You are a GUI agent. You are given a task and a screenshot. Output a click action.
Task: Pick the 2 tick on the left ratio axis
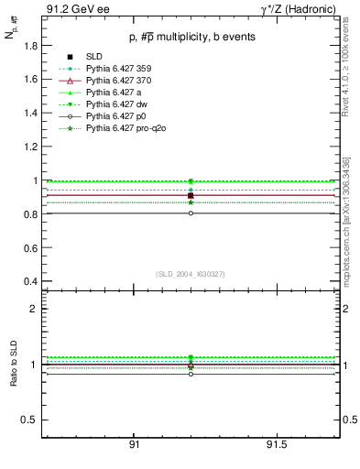click(33, 309)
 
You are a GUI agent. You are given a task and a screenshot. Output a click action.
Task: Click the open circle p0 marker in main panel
click(191, 213)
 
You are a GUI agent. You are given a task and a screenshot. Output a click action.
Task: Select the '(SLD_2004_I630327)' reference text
click(190, 274)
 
